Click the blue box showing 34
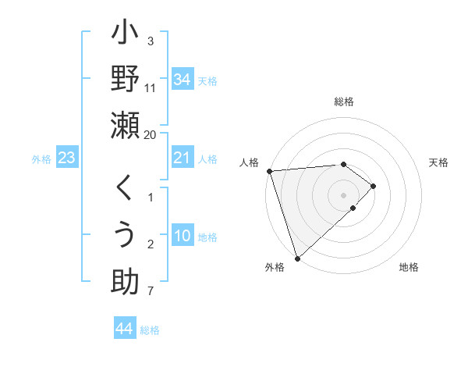[182, 79]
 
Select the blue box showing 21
[182, 158]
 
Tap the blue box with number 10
[182, 236]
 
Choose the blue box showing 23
[67, 158]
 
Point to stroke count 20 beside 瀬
[151, 134]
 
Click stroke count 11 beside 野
[151, 88]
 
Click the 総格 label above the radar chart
[344, 102]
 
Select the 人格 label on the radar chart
[248, 162]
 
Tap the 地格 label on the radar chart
[409, 268]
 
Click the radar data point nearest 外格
[297, 258]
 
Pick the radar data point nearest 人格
[269, 170]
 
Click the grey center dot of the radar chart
[344, 194]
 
